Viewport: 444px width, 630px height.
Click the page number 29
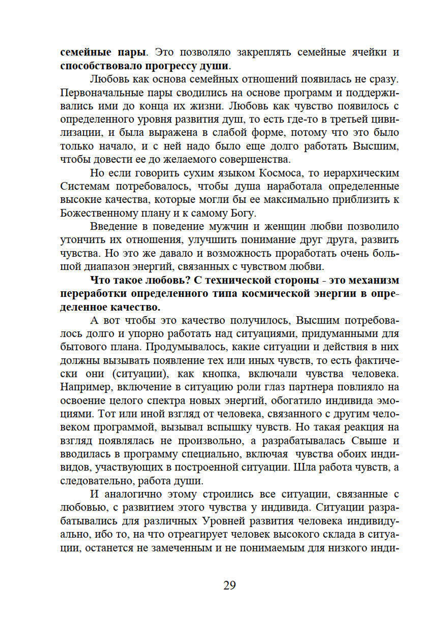pyautogui.click(x=229, y=585)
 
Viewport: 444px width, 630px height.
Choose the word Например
pyautogui.click(x=86, y=387)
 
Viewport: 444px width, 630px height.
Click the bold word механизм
pyautogui.click(x=374, y=280)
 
